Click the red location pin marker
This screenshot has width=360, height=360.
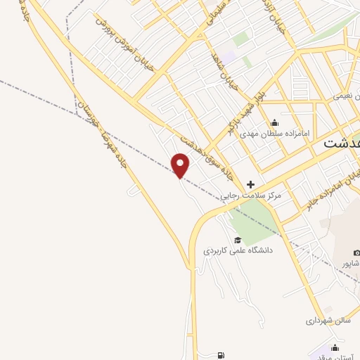coord(181,165)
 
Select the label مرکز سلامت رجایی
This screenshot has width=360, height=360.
coord(251,195)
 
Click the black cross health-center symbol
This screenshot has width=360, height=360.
coord(251,184)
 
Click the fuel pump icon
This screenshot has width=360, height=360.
coord(223,356)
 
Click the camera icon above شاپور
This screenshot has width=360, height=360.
coord(356,252)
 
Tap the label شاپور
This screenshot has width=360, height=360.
coord(351,263)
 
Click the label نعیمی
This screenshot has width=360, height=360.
coord(347,94)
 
